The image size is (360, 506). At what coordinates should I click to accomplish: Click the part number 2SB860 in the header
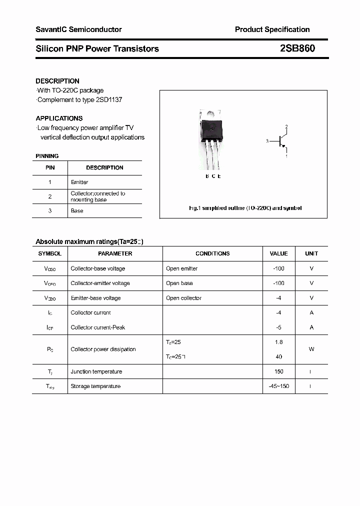point(297,48)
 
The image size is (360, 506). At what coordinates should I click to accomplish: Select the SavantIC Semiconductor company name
point(78,29)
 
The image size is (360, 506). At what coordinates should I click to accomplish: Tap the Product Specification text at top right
point(272,29)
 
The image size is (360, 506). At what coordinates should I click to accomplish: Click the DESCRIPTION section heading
point(57,81)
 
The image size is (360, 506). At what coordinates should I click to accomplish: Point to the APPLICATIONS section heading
point(59,118)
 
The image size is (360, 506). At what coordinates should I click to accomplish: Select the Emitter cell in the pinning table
point(79,182)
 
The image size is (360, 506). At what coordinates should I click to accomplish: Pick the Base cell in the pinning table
point(77,211)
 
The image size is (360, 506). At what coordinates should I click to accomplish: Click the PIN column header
point(50,167)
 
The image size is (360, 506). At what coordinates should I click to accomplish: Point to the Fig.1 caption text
point(245,208)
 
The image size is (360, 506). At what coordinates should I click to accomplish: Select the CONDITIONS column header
point(212,253)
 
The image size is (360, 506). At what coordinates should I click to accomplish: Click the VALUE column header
point(278,253)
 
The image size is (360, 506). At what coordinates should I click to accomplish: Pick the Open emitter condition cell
point(181,268)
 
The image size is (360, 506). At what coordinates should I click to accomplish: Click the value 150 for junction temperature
point(278,371)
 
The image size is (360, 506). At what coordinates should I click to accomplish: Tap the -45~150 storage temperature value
point(278,386)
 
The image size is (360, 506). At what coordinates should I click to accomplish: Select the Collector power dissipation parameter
point(103,349)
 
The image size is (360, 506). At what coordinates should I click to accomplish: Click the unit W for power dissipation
point(311,349)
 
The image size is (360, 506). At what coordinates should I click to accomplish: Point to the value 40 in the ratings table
point(278,357)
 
